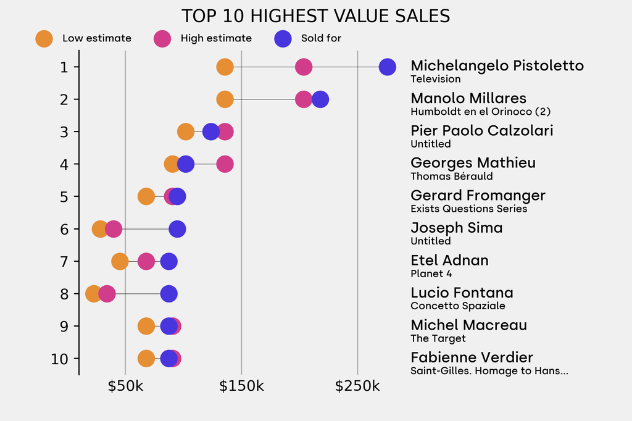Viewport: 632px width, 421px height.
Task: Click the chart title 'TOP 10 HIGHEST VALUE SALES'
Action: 315,16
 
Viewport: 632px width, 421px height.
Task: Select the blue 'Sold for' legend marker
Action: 282,38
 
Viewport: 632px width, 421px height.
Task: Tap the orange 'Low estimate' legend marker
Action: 44,38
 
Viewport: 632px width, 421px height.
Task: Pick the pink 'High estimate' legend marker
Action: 162,38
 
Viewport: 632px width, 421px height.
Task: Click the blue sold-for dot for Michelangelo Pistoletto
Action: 387,67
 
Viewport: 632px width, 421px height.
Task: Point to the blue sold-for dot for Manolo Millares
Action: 320,99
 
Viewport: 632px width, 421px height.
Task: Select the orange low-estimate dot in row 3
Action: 185,131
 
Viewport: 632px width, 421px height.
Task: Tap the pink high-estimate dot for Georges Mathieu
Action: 225,164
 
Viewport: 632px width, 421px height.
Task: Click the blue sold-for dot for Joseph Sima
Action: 177,229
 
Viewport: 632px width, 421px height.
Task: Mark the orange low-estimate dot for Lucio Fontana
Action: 93,294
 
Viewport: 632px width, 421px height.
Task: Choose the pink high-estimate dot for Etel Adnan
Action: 146,261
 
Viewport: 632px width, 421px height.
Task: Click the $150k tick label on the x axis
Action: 241,386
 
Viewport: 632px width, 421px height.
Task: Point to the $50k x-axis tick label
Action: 125,386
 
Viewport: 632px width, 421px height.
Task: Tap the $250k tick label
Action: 357,386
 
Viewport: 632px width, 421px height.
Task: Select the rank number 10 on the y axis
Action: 60,359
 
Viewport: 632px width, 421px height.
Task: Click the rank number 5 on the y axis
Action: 64,196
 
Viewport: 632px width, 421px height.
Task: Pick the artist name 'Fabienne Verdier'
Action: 472,357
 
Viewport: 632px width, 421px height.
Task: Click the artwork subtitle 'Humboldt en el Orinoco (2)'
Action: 480,112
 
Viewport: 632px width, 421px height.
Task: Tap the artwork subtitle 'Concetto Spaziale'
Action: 458,306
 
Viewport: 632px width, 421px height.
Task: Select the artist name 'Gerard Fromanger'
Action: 478,196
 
